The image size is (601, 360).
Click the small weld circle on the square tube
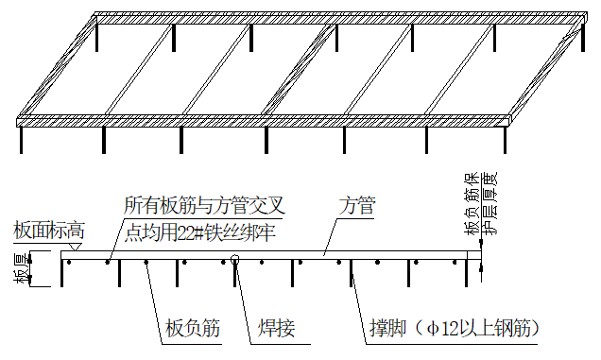click(234, 262)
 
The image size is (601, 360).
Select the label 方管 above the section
click(358, 205)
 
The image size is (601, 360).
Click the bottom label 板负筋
click(192, 329)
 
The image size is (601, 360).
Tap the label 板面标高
click(48, 231)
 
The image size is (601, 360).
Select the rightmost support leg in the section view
click(470, 271)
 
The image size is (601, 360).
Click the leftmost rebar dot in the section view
click(71, 262)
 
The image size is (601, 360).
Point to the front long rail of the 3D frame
click(265, 120)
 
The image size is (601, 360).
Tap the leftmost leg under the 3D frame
click(22, 138)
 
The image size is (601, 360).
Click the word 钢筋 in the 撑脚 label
click(519, 329)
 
